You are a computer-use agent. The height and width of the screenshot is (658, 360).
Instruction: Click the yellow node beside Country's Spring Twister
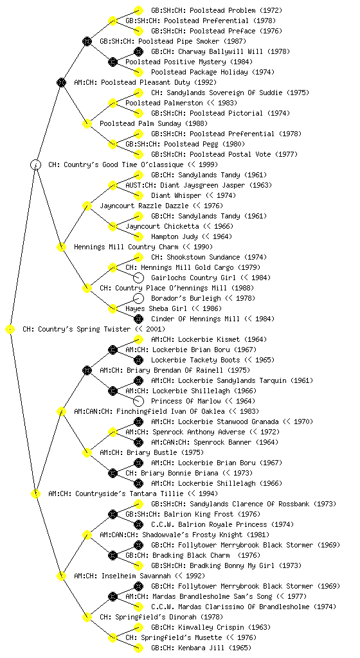[10, 330]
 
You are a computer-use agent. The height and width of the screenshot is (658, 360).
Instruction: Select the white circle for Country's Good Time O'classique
[35, 164]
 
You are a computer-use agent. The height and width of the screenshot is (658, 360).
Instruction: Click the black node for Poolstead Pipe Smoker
[87, 41]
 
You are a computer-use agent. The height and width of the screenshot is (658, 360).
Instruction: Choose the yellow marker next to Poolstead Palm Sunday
[87, 123]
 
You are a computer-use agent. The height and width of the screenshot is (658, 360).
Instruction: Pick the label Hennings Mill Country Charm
[126, 247]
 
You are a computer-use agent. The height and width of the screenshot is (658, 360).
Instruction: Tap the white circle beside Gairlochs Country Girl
[138, 278]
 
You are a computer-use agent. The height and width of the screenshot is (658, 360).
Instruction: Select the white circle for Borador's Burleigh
[138, 298]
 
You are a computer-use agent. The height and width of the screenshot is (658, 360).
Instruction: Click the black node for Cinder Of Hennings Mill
[138, 319]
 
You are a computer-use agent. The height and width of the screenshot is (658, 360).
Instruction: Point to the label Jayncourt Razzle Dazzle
[144, 206]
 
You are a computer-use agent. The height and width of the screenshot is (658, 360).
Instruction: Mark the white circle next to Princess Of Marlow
[138, 401]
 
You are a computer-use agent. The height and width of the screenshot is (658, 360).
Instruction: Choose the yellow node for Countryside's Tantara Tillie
[35, 493]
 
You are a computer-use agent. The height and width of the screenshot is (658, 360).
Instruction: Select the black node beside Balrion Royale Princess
[138, 524]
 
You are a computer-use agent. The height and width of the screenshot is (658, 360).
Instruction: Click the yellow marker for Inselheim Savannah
[61, 576]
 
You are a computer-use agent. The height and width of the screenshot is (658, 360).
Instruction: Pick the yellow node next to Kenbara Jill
[138, 648]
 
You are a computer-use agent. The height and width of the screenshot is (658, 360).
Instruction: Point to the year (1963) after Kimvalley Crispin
[259, 627]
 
